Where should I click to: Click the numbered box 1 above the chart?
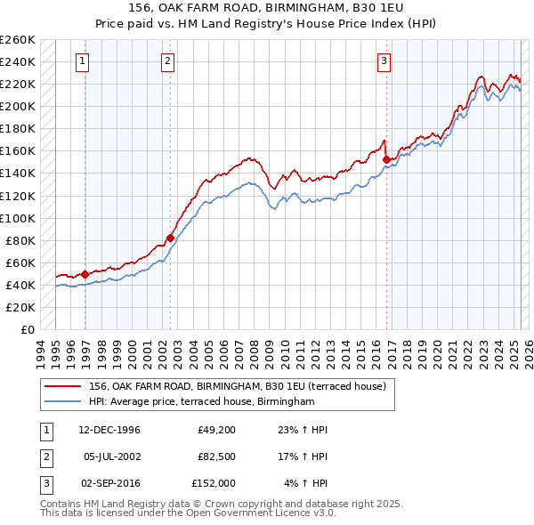[82, 61]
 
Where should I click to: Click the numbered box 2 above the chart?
[167, 61]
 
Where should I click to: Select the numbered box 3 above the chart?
[384, 61]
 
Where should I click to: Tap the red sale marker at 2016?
[387, 160]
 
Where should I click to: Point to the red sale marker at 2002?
[170, 238]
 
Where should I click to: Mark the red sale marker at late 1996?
[85, 274]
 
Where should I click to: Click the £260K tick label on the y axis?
[18, 39]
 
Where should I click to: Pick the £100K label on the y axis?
[18, 218]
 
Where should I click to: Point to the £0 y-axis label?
[27, 329]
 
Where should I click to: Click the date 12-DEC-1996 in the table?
[109, 430]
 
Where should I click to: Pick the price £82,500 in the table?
[216, 456]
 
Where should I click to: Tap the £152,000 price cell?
[214, 483]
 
